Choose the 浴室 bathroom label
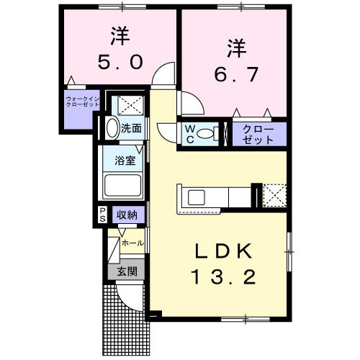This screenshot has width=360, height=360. (x=126, y=161)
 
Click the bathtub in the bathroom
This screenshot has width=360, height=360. (x=125, y=184)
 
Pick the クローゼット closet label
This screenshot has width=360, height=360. (x=258, y=134)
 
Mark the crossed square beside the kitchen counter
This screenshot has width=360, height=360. (x=274, y=194)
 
